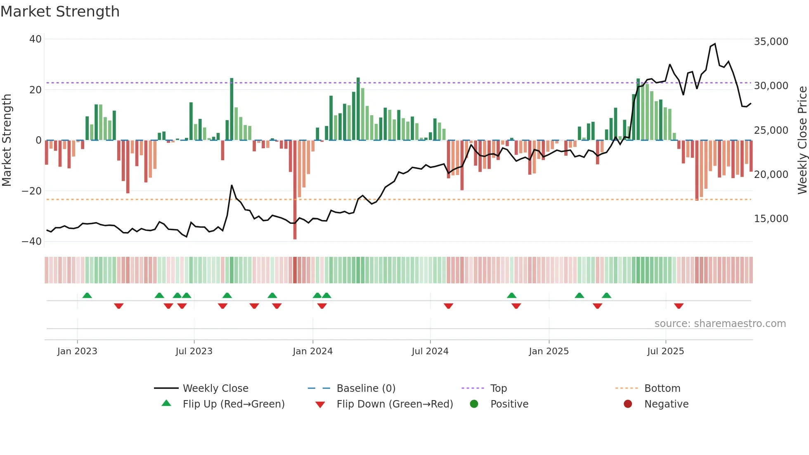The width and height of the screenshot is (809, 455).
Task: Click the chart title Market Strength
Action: pyautogui.click(x=60, y=12)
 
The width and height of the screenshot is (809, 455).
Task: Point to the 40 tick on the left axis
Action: pyautogui.click(x=35, y=39)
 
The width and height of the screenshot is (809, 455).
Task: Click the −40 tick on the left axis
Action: pyautogui.click(x=32, y=242)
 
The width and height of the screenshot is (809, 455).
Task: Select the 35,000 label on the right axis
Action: pyautogui.click(x=771, y=42)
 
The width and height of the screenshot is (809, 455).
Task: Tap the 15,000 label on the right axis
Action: pyautogui.click(x=771, y=219)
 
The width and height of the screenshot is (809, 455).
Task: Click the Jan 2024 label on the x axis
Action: pyautogui.click(x=312, y=351)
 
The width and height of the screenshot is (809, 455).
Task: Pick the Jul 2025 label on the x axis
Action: pyautogui.click(x=665, y=351)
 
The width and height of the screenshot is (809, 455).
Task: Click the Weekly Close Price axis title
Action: pyautogui.click(x=802, y=140)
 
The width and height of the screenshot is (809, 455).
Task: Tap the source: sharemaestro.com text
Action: pyautogui.click(x=720, y=324)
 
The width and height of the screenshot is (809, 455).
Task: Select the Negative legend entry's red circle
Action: pyautogui.click(x=628, y=404)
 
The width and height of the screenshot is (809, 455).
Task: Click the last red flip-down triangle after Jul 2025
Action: pyautogui.click(x=679, y=306)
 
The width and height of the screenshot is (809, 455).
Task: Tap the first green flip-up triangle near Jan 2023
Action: pyautogui.click(x=87, y=295)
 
